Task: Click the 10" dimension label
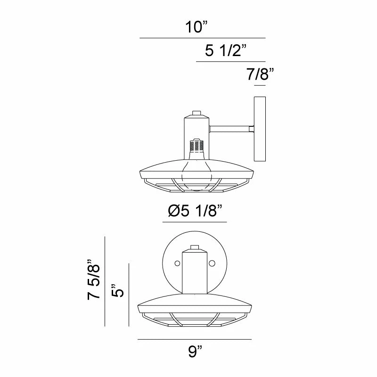pos(197,27)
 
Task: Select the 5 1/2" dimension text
pos(226,51)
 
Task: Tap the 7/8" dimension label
pos(260,74)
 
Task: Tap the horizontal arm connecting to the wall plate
pos(231,128)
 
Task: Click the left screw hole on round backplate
pos(178,262)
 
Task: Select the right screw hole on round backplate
pos(212,262)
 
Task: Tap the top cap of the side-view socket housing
pos(197,114)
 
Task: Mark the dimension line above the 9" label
pos(194,339)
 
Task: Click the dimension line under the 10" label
pos(203,38)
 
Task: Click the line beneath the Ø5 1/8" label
pos(194,222)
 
